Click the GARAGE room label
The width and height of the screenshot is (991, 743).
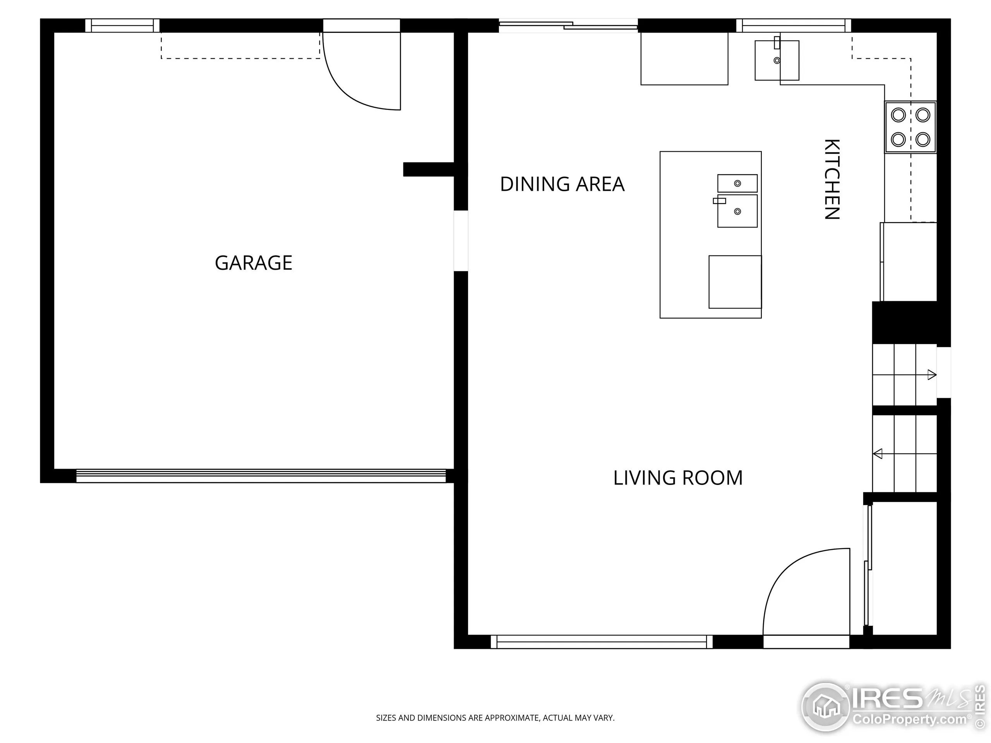[x=254, y=262]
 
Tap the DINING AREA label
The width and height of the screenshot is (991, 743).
[x=562, y=184]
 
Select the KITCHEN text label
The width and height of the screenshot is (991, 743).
[x=832, y=179]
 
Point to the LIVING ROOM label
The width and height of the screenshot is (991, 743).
[x=678, y=478]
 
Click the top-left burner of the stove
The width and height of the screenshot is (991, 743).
[x=898, y=115]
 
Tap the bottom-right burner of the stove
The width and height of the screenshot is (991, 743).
[x=923, y=140]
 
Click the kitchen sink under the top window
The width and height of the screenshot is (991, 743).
[x=777, y=60]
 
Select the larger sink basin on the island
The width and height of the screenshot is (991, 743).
[x=737, y=211]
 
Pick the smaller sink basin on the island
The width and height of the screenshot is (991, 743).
[x=737, y=183]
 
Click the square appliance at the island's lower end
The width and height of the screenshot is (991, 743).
[x=735, y=282]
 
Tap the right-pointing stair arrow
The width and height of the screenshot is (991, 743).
[x=931, y=375]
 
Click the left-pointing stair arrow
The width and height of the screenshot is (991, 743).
[x=878, y=454]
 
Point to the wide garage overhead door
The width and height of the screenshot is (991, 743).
[x=261, y=476]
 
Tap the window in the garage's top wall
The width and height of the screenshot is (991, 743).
[x=122, y=26]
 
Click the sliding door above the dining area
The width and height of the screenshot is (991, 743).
[x=568, y=26]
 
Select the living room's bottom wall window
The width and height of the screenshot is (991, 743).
[x=601, y=641]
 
